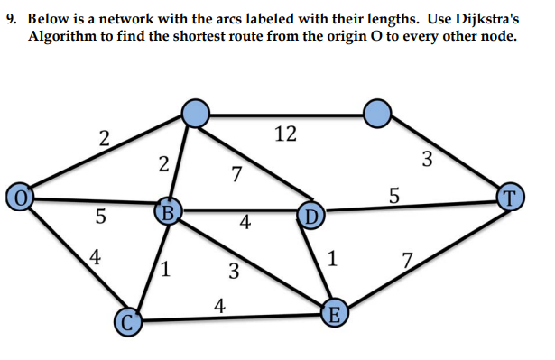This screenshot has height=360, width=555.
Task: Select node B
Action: (x=168, y=213)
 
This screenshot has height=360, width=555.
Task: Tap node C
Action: (x=128, y=319)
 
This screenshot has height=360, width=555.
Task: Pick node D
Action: (x=310, y=216)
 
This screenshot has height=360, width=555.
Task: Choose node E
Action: (x=335, y=314)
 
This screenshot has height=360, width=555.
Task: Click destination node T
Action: (x=511, y=195)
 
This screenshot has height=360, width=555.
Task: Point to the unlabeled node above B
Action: (x=196, y=113)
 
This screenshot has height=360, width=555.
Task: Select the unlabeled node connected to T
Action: (x=378, y=113)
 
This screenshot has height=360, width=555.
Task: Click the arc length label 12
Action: (x=284, y=134)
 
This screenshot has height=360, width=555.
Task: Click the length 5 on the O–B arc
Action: (x=100, y=217)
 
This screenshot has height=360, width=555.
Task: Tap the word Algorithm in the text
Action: (x=65, y=37)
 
